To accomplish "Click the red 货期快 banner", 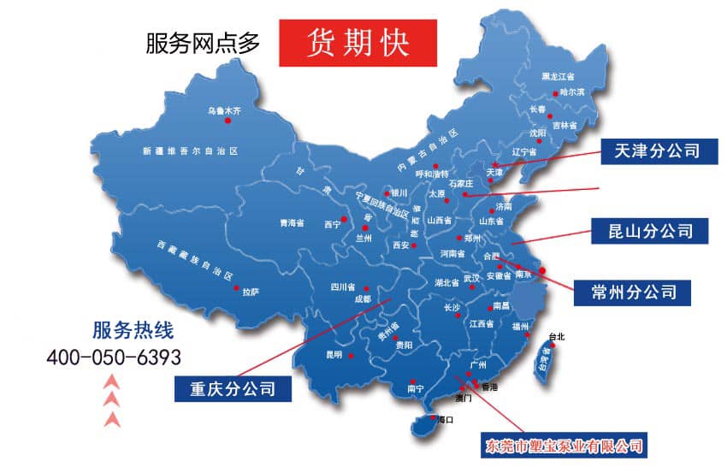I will [358, 41].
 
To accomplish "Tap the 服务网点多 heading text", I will [203, 43].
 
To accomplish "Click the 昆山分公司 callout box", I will [651, 230].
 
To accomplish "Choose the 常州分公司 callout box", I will [634, 292].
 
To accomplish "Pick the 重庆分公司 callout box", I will [233, 388].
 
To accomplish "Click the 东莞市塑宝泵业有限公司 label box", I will [564, 446].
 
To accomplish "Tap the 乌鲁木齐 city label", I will [225, 111].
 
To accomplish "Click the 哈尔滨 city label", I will [572, 92].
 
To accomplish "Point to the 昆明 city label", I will [333, 354].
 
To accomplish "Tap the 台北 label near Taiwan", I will [557, 336].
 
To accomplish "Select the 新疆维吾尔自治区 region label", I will [190, 151].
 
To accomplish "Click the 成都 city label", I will [362, 299].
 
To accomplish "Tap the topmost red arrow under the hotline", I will [110, 380].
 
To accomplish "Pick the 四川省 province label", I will [343, 287].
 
